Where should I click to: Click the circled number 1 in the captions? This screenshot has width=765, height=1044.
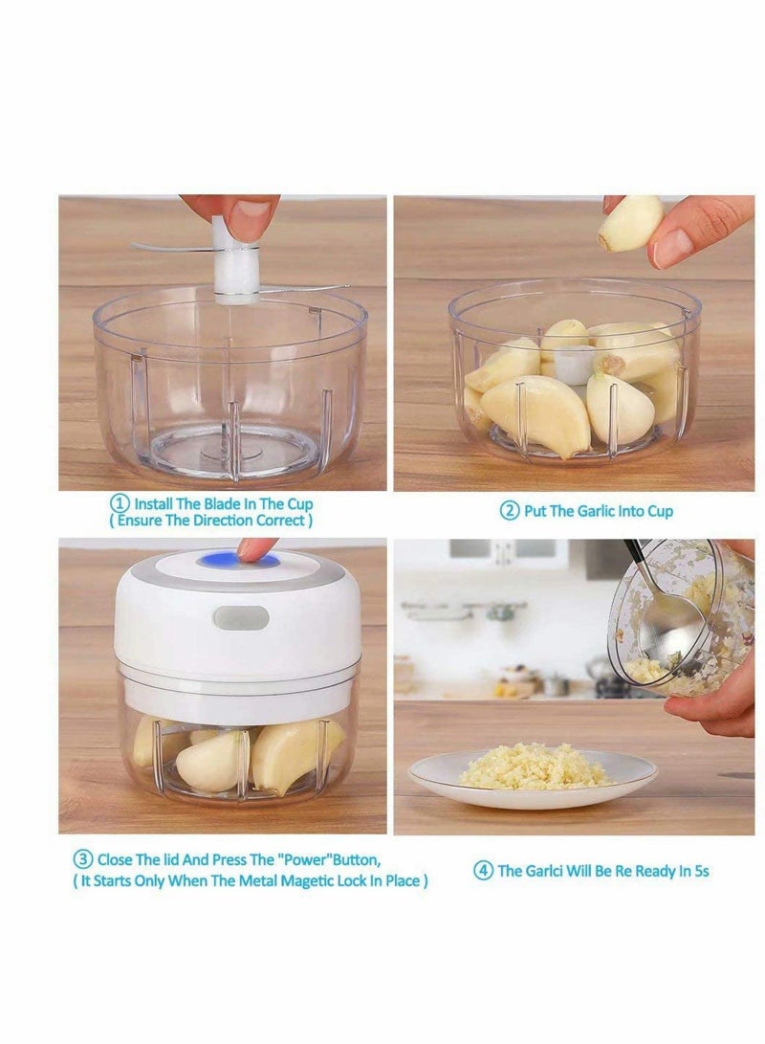point(120,503)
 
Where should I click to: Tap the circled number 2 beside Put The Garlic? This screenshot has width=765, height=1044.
point(510,511)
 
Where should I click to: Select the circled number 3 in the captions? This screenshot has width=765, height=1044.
point(83,860)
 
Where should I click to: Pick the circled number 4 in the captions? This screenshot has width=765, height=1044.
point(484,871)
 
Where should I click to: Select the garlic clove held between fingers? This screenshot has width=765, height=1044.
point(629,224)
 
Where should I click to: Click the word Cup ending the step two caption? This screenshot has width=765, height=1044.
point(659,511)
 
